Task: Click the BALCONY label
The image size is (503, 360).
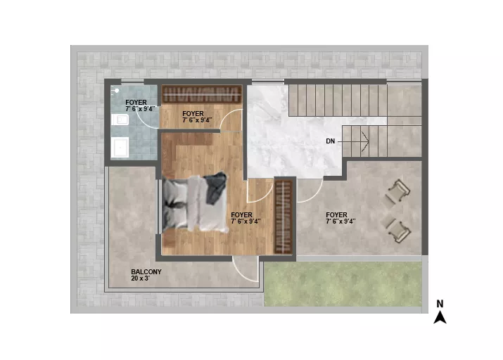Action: point(146,272)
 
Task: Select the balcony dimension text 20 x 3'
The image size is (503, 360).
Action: point(141,278)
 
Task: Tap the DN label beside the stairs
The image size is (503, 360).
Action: point(331,141)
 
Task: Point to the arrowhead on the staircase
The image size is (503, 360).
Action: point(366,141)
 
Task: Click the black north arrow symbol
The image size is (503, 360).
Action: point(440,317)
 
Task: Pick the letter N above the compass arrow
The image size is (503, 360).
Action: point(440,304)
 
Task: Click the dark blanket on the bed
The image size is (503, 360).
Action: point(215,188)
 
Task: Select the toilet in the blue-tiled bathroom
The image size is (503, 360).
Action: point(120,120)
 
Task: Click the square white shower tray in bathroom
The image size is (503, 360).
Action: point(120,147)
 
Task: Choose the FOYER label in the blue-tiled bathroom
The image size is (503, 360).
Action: point(136,102)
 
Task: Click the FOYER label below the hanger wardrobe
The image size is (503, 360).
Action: point(193,113)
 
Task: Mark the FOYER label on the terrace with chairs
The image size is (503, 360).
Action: point(336,214)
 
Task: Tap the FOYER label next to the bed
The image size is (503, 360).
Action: point(241,214)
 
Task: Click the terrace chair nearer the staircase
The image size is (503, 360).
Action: point(397,192)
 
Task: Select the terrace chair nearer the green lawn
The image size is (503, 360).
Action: point(397,230)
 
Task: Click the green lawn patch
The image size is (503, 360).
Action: point(343,284)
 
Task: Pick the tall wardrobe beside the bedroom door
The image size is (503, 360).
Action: point(284,217)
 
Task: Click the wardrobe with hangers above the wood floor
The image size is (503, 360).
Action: point(201,94)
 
